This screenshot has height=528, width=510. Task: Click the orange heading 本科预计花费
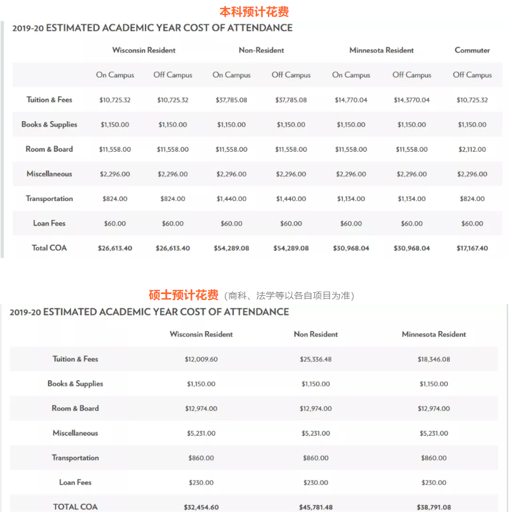[255, 11]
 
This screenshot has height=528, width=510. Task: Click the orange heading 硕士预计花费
[183, 295]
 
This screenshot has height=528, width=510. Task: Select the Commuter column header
[472, 50]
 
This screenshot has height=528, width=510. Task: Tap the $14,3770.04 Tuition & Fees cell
[412, 100]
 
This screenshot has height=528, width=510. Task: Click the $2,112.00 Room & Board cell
[472, 149]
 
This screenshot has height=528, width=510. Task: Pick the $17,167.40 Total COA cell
[472, 248]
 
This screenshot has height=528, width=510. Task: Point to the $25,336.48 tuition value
[315, 359]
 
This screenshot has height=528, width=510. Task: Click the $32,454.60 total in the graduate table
[201, 507]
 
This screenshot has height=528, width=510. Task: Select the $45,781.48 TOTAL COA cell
[315, 507]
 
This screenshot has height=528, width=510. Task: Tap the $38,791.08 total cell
[434, 507]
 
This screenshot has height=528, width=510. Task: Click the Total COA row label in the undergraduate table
[49, 248]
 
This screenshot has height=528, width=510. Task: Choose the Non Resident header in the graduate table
[316, 334]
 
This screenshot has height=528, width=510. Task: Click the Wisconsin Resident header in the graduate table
[201, 334]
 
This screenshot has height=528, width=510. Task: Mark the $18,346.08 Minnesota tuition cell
[434, 359]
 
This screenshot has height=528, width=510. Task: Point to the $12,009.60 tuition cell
[201, 359]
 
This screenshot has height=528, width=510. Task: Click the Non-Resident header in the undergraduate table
[261, 50]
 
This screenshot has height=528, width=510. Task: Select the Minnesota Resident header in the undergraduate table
[382, 50]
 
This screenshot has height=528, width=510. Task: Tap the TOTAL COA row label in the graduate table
[75, 507]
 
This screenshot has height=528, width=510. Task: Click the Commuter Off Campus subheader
[472, 75]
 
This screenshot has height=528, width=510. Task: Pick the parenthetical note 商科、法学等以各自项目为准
[289, 296]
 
